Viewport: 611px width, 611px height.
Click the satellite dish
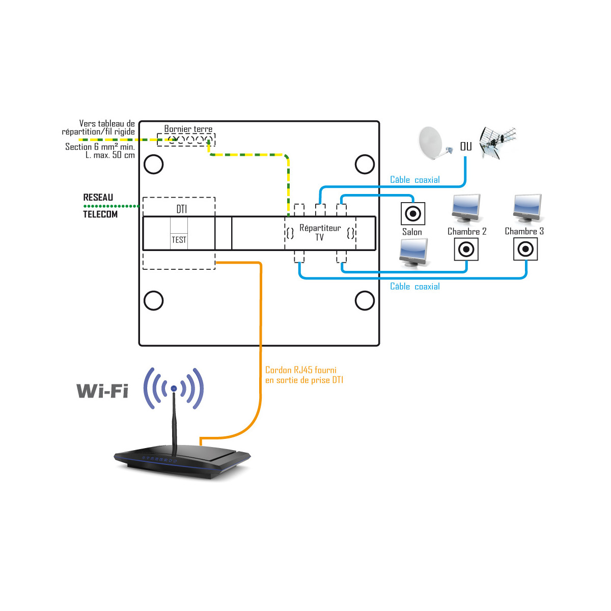point(434,143)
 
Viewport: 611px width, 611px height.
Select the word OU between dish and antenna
point(466,147)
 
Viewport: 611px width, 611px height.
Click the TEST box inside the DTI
point(179,240)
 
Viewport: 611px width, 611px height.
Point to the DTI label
point(181,209)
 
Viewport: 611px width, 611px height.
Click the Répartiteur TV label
point(320,232)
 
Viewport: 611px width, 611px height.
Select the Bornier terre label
point(188,129)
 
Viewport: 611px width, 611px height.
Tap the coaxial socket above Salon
point(413,213)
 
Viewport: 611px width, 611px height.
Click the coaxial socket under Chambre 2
point(466,249)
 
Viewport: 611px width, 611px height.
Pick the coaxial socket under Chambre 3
point(525,249)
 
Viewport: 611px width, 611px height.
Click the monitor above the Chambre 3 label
point(527,209)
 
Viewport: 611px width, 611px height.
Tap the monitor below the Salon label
point(414,253)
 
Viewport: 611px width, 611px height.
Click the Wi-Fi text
point(102,391)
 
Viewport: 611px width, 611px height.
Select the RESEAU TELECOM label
point(100,206)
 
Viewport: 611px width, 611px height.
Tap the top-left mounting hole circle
point(154,164)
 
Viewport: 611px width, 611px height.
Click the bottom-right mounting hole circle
point(365,300)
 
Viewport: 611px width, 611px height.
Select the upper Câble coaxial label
point(414,180)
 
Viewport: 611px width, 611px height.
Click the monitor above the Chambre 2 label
point(466,209)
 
